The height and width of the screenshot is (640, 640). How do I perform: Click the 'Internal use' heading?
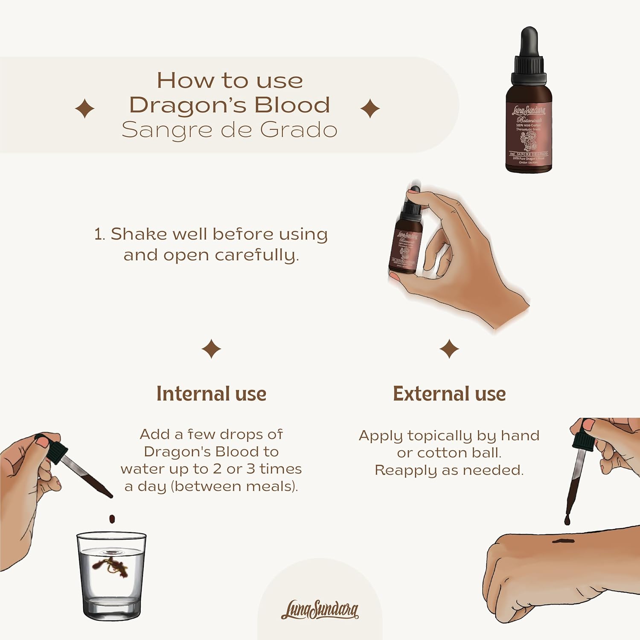pos(211,393)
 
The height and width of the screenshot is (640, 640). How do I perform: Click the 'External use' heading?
pos(449,393)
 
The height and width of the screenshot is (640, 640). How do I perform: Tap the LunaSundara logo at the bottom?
pos(320,610)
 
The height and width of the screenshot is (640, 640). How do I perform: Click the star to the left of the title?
pos(84,108)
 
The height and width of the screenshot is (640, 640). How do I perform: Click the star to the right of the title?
pos(370,108)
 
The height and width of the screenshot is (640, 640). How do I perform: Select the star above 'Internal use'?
pos(211,349)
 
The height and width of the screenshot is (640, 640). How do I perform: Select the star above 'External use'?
pos(449,349)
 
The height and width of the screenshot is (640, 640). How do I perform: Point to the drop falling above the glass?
pos(112,519)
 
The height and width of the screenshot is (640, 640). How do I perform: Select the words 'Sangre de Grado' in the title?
pos(229,130)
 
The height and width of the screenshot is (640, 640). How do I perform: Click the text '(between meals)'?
pos(234,486)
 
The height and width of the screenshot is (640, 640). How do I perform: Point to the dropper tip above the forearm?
pos(567,519)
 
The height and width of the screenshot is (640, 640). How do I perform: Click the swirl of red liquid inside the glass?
pos(110,566)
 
